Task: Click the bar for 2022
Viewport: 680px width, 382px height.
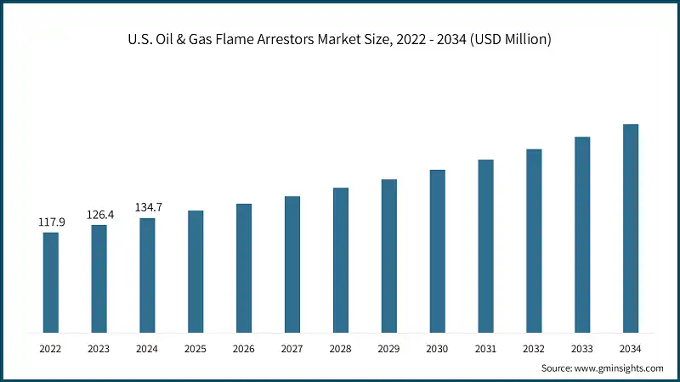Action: pyautogui.click(x=51, y=282)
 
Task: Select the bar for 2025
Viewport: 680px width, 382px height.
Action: pyautogui.click(x=195, y=271)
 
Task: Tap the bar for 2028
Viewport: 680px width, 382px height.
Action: pyautogui.click(x=341, y=260)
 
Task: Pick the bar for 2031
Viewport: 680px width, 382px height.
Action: pyautogui.click(x=485, y=245)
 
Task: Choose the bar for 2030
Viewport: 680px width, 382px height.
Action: pyautogui.click(x=437, y=250)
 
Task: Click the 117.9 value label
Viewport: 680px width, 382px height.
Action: pyautogui.click(x=51, y=222)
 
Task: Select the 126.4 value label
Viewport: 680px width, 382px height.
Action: pyautogui.click(x=99, y=215)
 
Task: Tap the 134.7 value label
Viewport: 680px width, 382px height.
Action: pyautogui.click(x=148, y=207)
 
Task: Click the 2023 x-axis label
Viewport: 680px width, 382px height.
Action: pyautogui.click(x=99, y=348)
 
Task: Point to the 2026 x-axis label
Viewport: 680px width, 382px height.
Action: pyautogui.click(x=244, y=348)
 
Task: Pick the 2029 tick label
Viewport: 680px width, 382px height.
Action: pyautogui.click(x=389, y=348)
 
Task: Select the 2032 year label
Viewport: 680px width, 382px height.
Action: pyautogui.click(x=534, y=348)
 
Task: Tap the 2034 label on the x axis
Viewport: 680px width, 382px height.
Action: pyautogui.click(x=631, y=348)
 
